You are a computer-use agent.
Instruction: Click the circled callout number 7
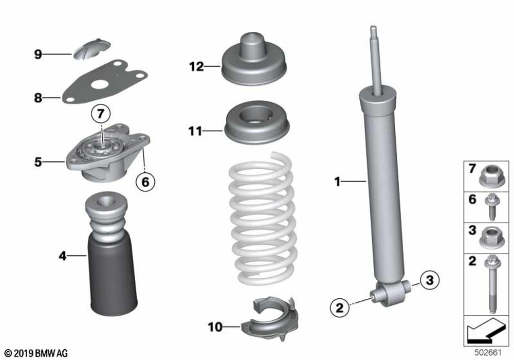tap(101, 114)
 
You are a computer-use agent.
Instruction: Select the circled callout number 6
tap(145, 182)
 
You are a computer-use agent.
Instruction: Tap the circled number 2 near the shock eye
tap(340, 308)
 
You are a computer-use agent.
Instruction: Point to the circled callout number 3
tap(429, 280)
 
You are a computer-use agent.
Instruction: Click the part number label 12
tap(196, 66)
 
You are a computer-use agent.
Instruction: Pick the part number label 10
tap(215, 327)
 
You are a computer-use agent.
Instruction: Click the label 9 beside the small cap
tap(39, 54)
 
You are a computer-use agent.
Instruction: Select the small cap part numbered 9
tap(91, 49)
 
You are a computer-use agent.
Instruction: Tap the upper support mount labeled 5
tap(108, 152)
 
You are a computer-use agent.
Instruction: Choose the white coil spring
tap(263, 218)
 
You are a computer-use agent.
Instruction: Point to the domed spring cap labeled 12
tap(253, 59)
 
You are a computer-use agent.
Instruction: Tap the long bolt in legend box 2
tap(492, 284)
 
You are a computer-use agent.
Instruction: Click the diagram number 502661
tap(488, 353)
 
